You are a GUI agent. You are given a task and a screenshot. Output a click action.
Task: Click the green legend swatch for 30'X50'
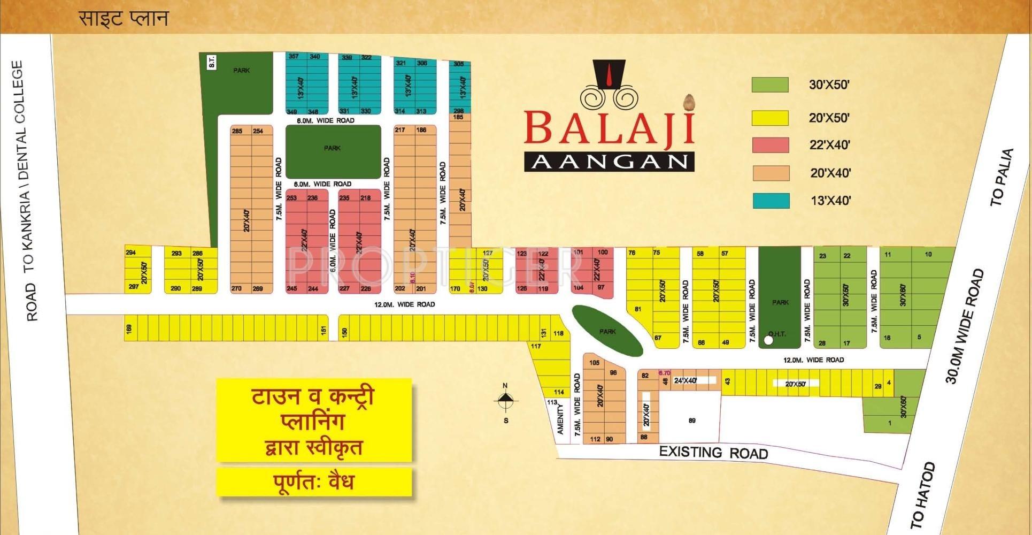click(769, 85)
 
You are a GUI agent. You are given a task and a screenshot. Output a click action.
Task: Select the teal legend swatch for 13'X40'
click(771, 201)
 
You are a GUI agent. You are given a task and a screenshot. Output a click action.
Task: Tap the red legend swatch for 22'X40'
click(770, 145)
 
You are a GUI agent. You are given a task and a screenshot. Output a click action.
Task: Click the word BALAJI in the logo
click(609, 127)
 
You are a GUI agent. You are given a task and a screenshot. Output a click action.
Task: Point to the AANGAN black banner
click(609, 161)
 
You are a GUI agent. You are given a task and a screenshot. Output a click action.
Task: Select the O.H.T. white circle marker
click(768, 340)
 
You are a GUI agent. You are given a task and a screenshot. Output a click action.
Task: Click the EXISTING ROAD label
click(713, 453)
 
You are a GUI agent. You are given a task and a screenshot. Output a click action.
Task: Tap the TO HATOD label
click(923, 495)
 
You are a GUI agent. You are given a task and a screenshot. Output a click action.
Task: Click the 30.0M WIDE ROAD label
click(964, 326)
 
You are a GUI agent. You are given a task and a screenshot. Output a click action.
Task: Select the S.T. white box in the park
click(212, 62)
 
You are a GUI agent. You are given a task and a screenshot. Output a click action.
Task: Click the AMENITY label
click(560, 419)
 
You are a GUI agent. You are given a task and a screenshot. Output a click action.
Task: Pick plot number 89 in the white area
click(692, 421)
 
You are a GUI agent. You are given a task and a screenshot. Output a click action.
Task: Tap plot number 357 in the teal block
click(293, 57)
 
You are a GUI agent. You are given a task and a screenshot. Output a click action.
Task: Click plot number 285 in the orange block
click(237, 131)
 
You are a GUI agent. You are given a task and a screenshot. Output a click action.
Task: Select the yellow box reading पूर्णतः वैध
click(314, 482)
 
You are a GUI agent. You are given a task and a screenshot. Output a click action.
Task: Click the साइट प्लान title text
click(124, 19)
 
